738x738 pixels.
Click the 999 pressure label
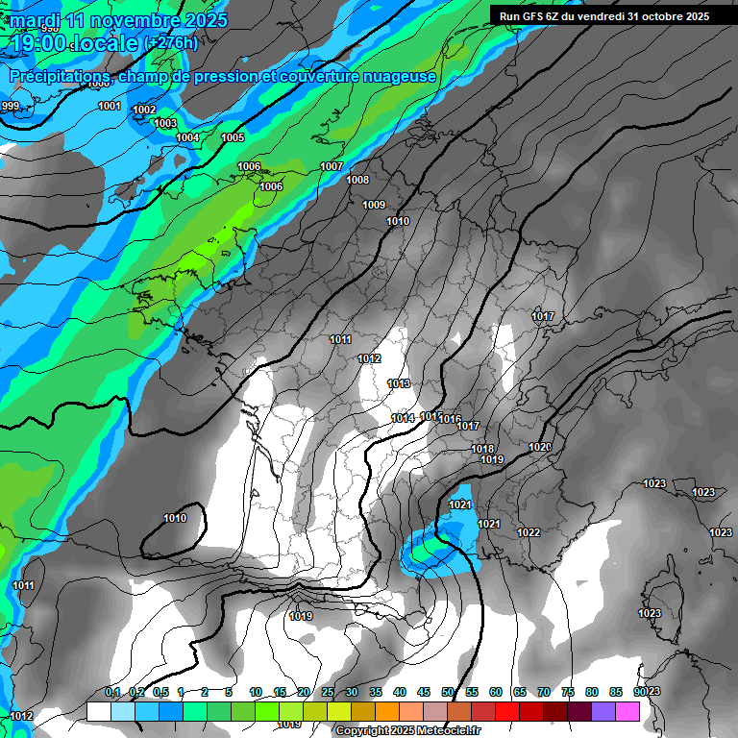click(10, 106)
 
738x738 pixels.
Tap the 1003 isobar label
click(165, 123)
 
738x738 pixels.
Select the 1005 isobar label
click(233, 137)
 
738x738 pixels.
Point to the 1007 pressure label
click(332, 166)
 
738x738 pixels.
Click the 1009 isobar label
click(374, 205)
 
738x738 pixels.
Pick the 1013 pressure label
click(399, 383)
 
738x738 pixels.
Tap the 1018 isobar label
click(483, 449)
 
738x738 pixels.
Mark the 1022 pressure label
click(529, 532)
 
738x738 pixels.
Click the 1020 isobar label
click(540, 447)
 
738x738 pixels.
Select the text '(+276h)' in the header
click(170, 43)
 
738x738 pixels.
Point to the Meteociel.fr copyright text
click(406, 731)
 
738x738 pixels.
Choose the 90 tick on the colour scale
click(639, 692)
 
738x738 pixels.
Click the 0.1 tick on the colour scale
click(112, 692)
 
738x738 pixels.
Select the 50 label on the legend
click(448, 692)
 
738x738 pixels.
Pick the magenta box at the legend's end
click(627, 711)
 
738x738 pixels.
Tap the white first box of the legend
click(98, 711)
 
